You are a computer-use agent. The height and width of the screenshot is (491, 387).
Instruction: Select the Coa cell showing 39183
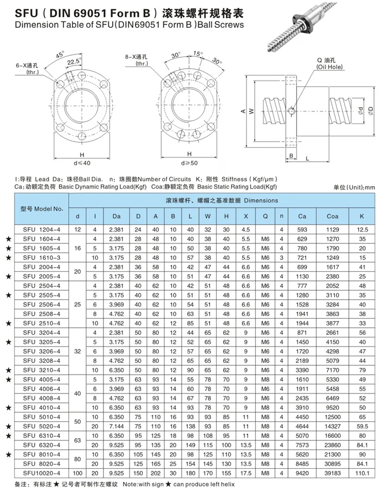[x=333, y=474]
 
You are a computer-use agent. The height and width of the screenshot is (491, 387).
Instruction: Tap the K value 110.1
[x=361, y=474]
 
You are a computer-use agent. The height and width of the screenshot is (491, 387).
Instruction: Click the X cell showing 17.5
[x=245, y=474]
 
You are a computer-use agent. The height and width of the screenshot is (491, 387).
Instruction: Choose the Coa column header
[x=333, y=216]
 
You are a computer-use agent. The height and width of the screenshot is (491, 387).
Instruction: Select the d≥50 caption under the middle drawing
[x=189, y=162]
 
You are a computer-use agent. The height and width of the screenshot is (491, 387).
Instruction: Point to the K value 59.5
[x=361, y=426]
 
